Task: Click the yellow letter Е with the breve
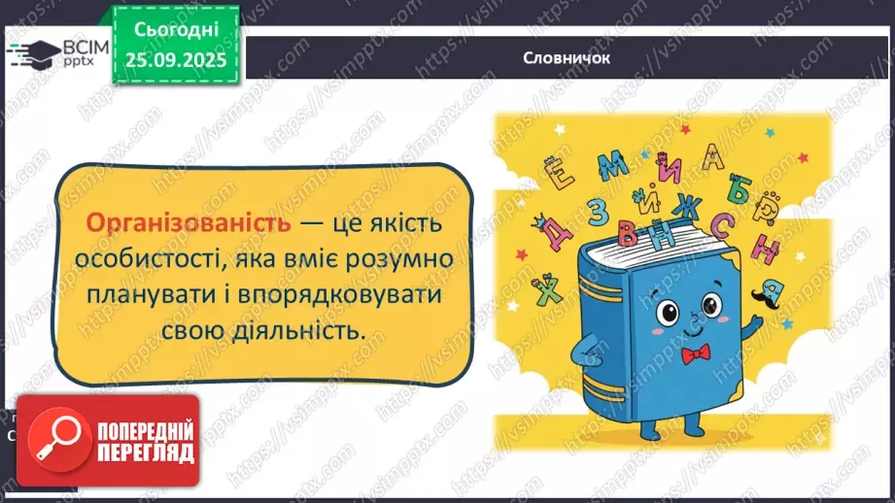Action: tap(562, 177)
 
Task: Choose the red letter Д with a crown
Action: tap(555, 230)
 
